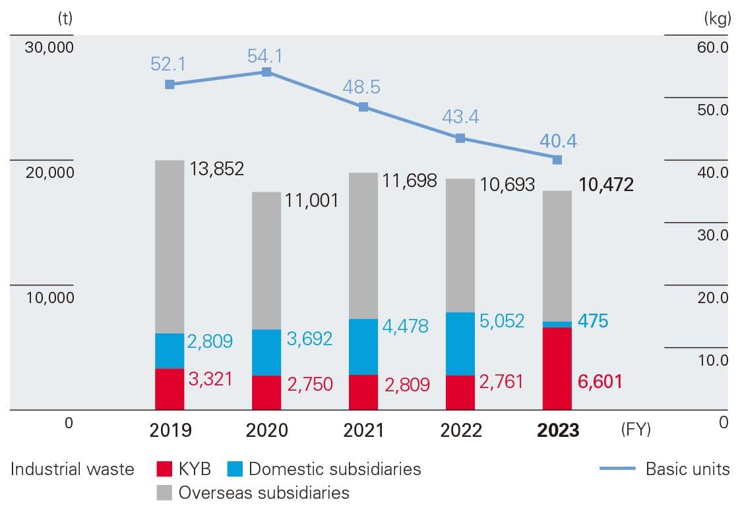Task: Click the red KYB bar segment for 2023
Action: pyautogui.click(x=557, y=368)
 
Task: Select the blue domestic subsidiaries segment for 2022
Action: pyautogui.click(x=460, y=343)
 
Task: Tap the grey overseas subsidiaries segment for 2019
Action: pyautogui.click(x=170, y=246)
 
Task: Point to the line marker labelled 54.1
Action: pyautogui.click(x=266, y=72)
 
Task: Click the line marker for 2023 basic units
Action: pyautogui.click(x=557, y=159)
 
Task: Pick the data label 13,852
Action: pyautogui.click(x=217, y=169)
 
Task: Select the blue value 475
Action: pyautogui.click(x=593, y=321)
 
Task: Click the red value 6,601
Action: pyautogui.click(x=600, y=382)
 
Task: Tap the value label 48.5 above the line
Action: pyautogui.click(x=361, y=87)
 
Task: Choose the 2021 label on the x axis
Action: pyautogui.click(x=363, y=430)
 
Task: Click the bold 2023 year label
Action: pyautogui.click(x=558, y=430)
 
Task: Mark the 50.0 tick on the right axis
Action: pyautogui.click(x=712, y=110)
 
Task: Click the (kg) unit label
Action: pyautogui.click(x=718, y=19)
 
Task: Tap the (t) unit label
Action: pyautogui.click(x=65, y=19)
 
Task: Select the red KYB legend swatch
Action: pyautogui.click(x=165, y=469)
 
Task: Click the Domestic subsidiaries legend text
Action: pyautogui.click(x=334, y=469)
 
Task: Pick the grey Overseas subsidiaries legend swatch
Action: pyautogui.click(x=165, y=492)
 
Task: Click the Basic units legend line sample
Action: pyautogui.click(x=617, y=469)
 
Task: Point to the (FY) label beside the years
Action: pyautogui.click(x=635, y=430)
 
